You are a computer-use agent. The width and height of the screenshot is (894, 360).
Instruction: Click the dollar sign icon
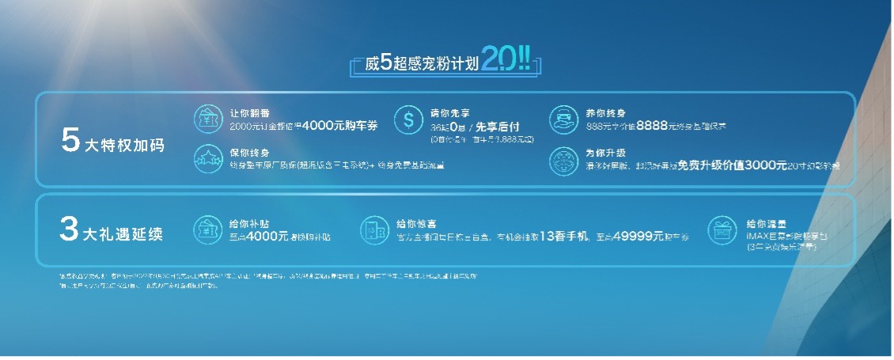coord(409,120)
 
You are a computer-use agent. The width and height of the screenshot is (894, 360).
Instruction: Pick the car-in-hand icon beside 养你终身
coord(563,118)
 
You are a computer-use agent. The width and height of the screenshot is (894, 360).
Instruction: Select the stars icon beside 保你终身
coord(207,158)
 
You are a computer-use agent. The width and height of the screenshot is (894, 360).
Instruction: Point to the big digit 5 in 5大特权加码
coord(70,141)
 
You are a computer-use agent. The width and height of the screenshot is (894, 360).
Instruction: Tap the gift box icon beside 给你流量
coord(721,229)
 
